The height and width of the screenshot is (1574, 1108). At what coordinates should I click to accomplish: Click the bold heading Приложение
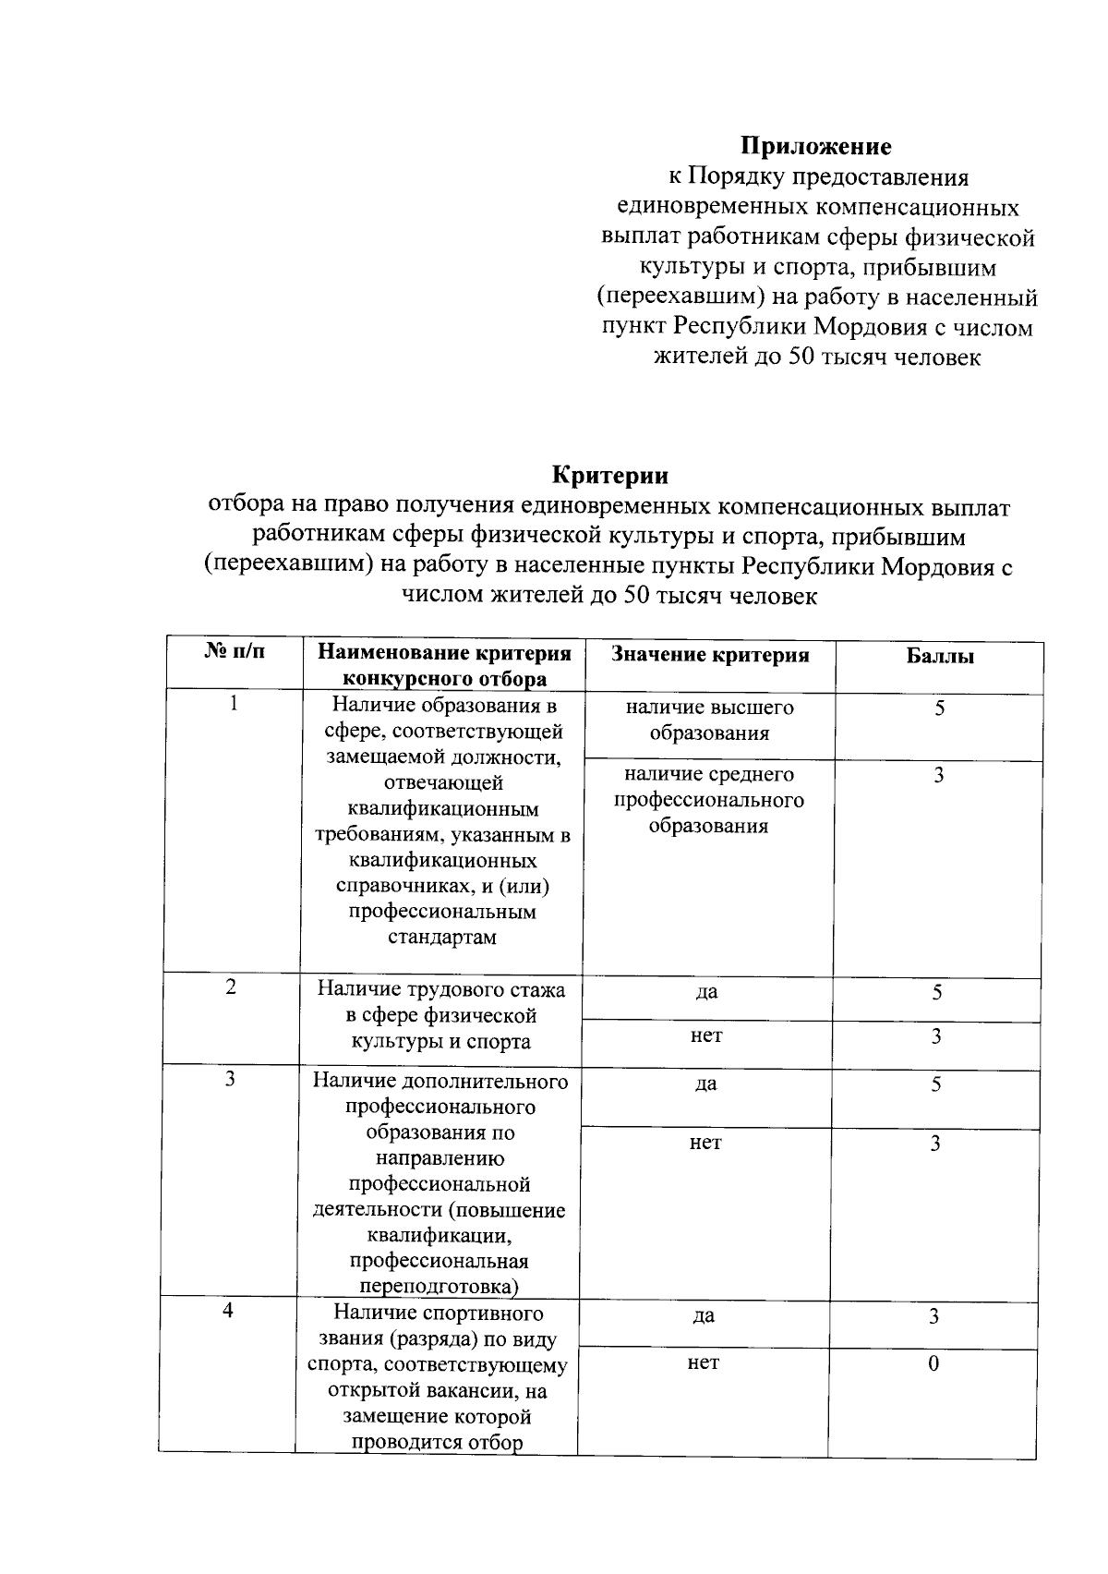click(816, 147)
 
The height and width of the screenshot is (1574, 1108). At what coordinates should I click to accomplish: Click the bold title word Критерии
click(609, 476)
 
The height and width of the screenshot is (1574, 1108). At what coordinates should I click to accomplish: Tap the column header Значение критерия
click(709, 655)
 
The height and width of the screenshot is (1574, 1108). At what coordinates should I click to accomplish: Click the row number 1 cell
click(234, 704)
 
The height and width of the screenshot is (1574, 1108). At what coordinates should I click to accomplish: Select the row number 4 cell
click(228, 1311)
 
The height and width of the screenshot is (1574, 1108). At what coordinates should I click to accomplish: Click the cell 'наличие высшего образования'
click(709, 720)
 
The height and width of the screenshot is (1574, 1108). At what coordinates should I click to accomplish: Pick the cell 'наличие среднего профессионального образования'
click(709, 800)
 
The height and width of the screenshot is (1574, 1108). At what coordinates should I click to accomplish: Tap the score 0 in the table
click(933, 1364)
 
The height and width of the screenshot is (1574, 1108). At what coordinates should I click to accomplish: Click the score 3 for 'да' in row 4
click(934, 1316)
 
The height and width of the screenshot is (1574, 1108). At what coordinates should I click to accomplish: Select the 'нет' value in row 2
click(706, 1036)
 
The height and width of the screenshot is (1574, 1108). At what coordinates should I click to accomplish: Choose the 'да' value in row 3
click(705, 1084)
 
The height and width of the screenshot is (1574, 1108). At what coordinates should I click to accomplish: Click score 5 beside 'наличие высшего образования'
click(939, 709)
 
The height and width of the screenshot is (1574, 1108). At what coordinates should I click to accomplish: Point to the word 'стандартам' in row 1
click(442, 938)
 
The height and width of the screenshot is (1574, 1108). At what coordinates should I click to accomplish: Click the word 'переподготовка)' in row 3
click(439, 1287)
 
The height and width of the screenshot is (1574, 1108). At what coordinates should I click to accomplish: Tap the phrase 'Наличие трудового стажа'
click(441, 990)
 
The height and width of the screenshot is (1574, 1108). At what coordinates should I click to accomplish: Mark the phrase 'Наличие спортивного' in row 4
click(439, 1314)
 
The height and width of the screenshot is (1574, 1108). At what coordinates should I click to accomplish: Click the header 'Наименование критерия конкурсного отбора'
click(444, 666)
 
